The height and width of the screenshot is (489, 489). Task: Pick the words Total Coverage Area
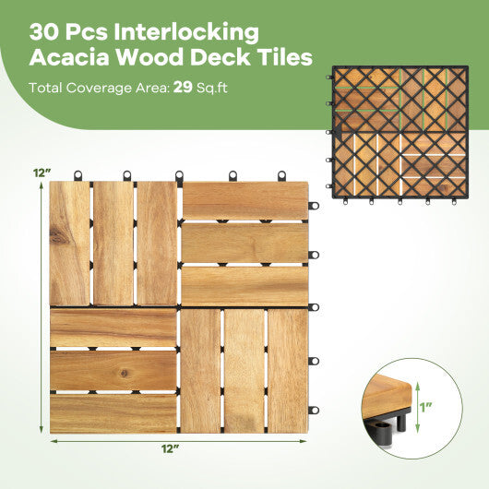[97, 89]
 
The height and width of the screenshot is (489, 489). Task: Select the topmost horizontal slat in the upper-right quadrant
[244, 200]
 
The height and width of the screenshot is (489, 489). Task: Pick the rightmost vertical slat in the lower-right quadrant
[287, 371]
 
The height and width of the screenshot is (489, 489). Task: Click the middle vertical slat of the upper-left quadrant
[113, 244]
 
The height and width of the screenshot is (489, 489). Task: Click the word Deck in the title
[213, 58]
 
